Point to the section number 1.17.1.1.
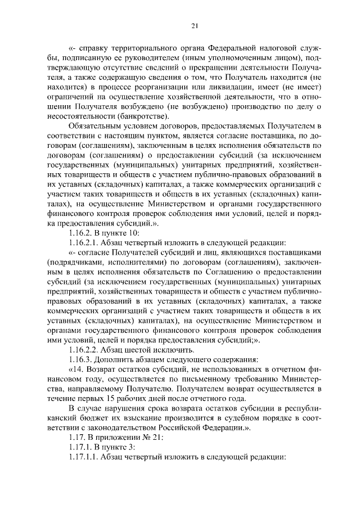[82, 457]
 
